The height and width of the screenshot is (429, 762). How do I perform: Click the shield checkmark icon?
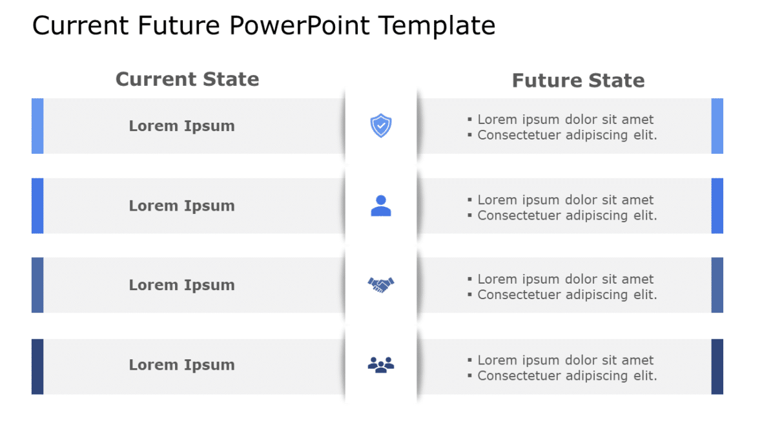pos(381,125)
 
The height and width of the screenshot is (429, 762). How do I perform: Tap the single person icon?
pos(381,205)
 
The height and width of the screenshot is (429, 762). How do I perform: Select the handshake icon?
pos(381,284)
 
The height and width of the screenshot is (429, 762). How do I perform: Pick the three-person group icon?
pos(381,365)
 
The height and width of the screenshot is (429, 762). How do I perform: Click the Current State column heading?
pos(187,79)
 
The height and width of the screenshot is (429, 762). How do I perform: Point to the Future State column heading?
pos(578,81)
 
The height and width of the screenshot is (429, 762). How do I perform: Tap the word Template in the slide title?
pos(437,26)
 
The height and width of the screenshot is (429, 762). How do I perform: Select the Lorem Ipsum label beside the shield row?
pos(181,126)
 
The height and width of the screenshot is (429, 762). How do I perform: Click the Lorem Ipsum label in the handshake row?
pos(181,285)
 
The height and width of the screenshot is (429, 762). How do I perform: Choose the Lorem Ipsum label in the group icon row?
pos(181,365)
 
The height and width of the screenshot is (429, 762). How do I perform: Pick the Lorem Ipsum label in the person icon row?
pos(181,206)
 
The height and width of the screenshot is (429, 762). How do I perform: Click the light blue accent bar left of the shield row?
pos(37,126)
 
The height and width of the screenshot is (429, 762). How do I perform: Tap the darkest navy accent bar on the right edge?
pos(717,366)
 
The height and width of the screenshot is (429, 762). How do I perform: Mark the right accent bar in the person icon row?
pos(717,205)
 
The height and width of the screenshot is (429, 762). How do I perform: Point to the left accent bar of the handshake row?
pos(37,285)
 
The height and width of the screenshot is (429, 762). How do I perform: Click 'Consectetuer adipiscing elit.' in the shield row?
pos(567,135)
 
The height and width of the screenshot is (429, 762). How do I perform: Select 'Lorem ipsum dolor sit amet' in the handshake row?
pos(565,279)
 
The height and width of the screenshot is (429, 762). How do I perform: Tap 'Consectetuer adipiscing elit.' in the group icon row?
pos(567,375)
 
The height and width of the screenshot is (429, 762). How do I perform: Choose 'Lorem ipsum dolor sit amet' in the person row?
pos(565,200)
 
